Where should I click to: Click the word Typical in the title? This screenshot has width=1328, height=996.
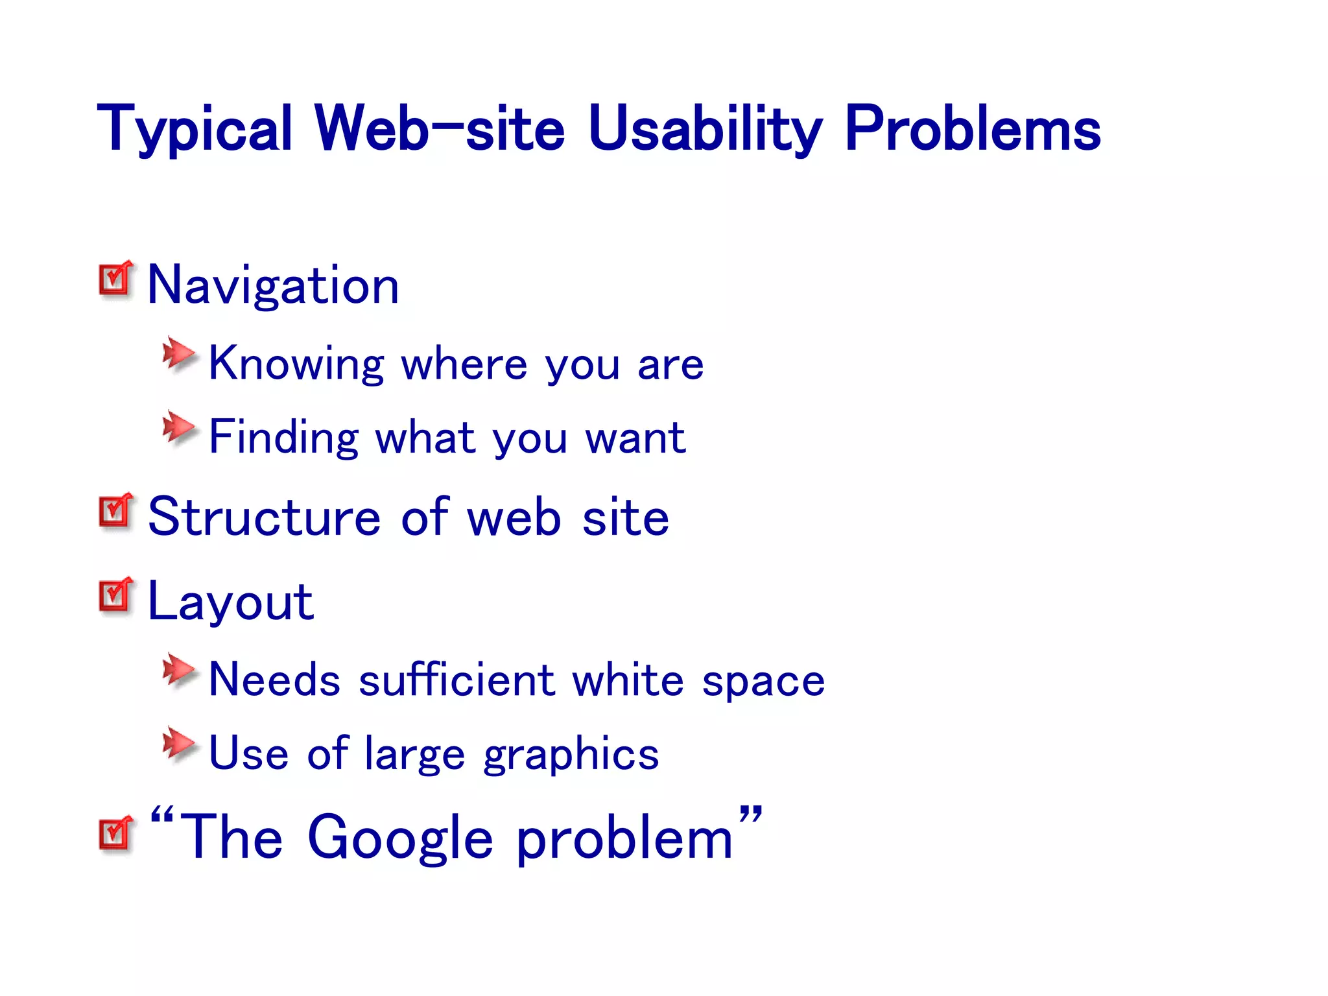tap(195, 130)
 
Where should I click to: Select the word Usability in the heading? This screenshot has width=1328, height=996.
tap(705, 130)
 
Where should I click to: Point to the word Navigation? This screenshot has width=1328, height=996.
tap(273, 285)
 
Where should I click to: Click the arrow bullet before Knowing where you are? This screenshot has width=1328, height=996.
tap(178, 354)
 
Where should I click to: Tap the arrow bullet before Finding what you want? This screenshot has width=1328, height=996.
tap(178, 428)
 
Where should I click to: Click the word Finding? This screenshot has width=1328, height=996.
tap(283, 437)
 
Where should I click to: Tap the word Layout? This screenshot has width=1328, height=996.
tap(231, 602)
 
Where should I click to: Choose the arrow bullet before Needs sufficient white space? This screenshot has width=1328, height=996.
tap(178, 670)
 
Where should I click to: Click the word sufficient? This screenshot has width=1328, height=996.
tap(457, 680)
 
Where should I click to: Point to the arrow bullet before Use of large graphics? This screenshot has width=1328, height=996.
tap(178, 744)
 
